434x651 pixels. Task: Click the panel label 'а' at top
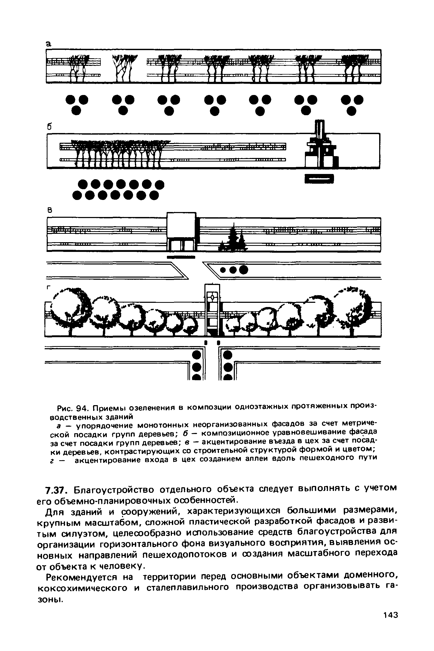[49, 44]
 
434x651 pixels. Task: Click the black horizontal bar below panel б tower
[319, 179]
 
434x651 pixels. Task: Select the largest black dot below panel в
[244, 270]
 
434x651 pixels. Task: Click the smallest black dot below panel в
[223, 269]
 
